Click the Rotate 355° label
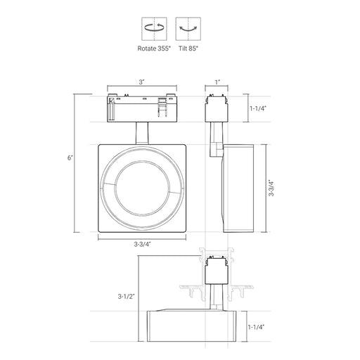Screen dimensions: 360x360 (x=154, y=49)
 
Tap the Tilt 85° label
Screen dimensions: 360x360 (x=188, y=49)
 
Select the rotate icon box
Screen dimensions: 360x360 (x=154, y=29)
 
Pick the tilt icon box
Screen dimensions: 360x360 (x=188, y=29)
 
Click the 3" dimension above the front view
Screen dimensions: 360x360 (x=141, y=82)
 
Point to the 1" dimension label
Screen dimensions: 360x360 (x=218, y=82)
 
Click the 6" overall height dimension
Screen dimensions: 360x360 (x=70, y=158)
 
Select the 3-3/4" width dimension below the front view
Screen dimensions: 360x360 (x=142, y=244)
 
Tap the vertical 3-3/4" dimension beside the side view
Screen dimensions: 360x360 (x=271, y=188)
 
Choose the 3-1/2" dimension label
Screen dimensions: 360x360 (x=126, y=297)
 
